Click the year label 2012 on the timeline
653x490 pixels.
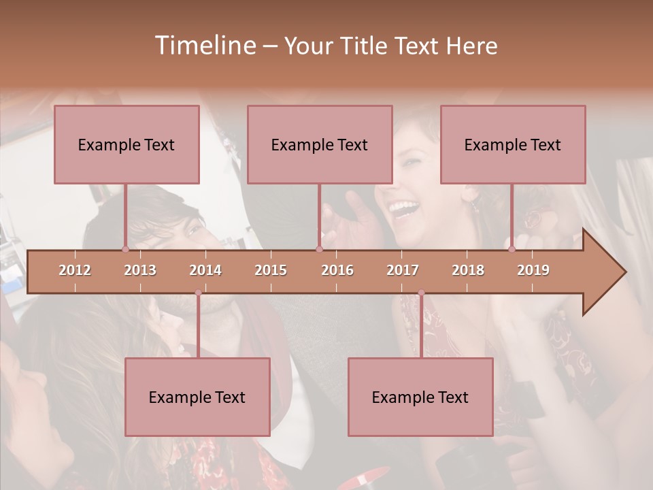75,270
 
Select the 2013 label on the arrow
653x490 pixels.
140,270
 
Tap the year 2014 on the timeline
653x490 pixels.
205,270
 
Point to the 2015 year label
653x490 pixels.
271,270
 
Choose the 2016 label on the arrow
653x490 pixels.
337,270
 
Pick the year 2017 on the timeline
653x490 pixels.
403,270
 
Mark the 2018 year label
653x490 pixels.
468,270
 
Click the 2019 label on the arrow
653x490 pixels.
533,270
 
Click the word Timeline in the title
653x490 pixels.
204,46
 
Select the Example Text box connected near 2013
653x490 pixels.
127,144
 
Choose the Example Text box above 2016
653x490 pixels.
320,144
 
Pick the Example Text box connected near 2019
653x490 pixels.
513,144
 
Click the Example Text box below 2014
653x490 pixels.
197,397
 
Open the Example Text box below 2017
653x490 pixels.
420,397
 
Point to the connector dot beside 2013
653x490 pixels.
125,249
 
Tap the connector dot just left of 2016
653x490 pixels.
319,249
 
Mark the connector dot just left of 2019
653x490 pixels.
512,249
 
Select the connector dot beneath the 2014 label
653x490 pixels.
198,293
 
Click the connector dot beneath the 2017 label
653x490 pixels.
421,293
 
